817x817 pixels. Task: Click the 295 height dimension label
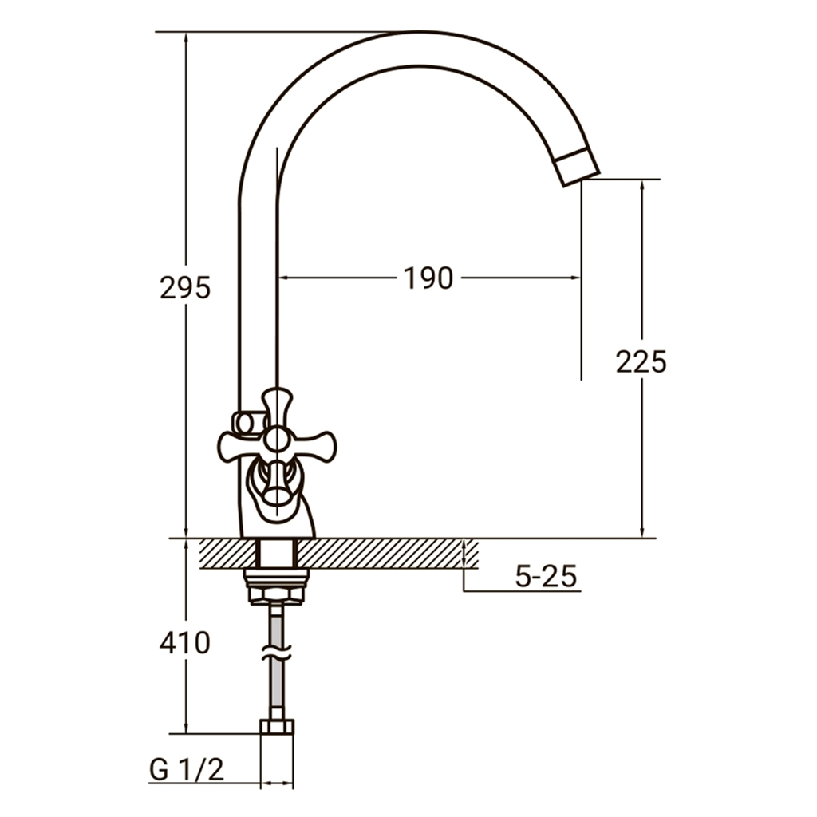[x=185, y=287]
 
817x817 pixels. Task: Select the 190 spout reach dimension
[x=428, y=278]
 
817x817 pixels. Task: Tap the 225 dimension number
[x=641, y=361]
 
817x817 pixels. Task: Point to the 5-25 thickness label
[x=546, y=576]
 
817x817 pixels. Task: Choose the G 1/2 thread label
[x=187, y=769]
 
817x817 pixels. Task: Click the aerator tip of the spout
[x=577, y=167]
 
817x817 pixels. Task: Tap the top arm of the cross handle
[x=276, y=408]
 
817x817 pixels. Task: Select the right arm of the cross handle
[x=312, y=447]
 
